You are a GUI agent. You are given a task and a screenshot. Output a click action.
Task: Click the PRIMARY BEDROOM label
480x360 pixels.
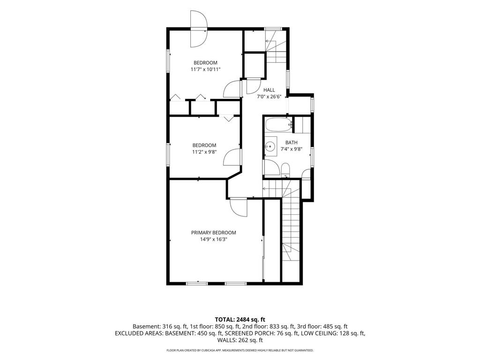213,232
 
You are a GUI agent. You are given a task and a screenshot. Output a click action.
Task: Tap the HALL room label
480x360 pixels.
269,90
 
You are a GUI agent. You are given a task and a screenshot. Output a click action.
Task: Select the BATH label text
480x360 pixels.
291,142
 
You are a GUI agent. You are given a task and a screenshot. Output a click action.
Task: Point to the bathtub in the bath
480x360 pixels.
278,125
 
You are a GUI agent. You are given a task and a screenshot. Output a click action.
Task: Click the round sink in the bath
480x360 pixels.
270,147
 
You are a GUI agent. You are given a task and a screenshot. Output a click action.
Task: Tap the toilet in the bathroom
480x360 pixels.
285,170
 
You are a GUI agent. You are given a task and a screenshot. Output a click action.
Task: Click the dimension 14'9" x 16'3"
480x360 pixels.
213,240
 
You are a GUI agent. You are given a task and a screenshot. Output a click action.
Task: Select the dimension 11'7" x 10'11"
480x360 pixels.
205,69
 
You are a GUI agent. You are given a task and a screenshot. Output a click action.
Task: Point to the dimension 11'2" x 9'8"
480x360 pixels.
204,152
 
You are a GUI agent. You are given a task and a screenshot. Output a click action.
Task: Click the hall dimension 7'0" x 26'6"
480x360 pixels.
269,97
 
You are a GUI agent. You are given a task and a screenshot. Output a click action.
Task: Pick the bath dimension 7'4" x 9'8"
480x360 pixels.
292,150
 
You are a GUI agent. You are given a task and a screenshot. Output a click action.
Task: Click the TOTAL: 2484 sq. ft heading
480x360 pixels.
240,320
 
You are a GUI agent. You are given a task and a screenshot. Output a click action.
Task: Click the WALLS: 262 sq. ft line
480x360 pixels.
240,340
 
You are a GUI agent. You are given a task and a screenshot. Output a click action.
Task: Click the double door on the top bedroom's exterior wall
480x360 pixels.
199,29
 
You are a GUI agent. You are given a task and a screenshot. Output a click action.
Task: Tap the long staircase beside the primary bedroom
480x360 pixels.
291,230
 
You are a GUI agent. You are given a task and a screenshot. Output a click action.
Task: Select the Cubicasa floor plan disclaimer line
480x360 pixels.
240,350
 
